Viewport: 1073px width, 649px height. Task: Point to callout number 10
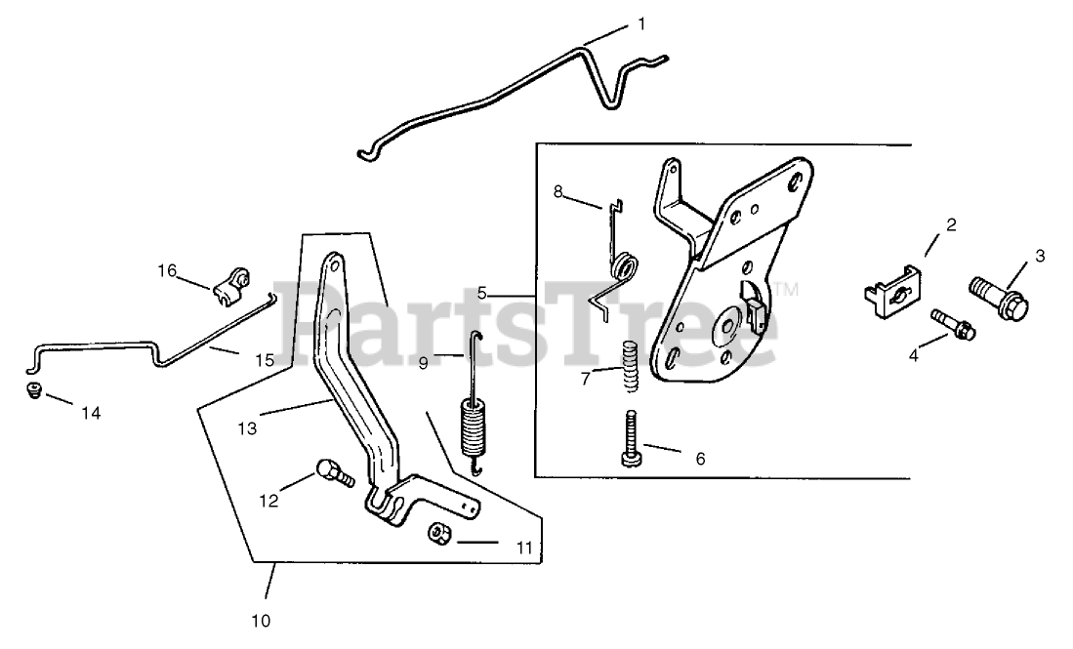(x=261, y=619)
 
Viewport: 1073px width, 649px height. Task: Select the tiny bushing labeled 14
(x=33, y=391)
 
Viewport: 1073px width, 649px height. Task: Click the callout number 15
(x=265, y=360)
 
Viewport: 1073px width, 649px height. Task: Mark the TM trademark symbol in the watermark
(x=788, y=289)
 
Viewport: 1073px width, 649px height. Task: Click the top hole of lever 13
(x=332, y=264)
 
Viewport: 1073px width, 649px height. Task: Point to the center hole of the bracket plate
(x=726, y=324)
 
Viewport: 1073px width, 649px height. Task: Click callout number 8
(x=558, y=191)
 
